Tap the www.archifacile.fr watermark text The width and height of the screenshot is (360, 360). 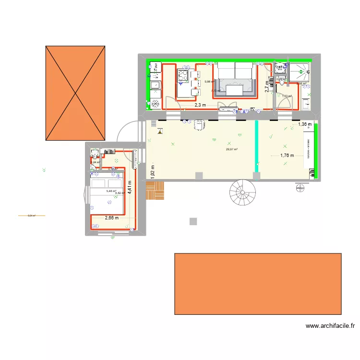click(x=331, y=326)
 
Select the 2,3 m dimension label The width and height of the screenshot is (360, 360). click(x=200, y=105)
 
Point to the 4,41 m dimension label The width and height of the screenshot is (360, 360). click(x=130, y=187)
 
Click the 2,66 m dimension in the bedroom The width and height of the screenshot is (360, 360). click(x=112, y=218)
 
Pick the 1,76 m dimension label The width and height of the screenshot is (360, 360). click(x=287, y=156)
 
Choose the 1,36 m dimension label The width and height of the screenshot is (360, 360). click(x=305, y=124)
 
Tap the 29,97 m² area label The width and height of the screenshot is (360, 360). click(x=232, y=149)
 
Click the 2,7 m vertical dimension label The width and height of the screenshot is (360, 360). click(x=267, y=86)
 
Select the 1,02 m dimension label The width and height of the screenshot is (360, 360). click(x=153, y=172)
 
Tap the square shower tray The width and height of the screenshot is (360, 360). click(x=299, y=72)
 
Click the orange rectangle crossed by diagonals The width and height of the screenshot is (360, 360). click(x=75, y=93)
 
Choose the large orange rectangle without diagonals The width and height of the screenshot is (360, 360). click(x=258, y=284)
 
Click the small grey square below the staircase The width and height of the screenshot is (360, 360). click(x=193, y=222)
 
